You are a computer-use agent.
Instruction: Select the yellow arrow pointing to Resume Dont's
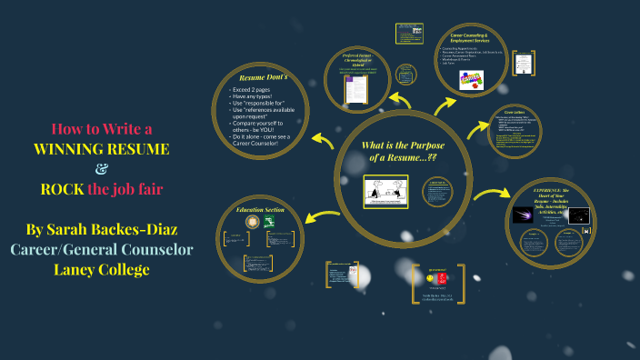pos(321,139)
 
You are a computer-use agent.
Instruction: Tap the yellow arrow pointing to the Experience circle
pos(492,193)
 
